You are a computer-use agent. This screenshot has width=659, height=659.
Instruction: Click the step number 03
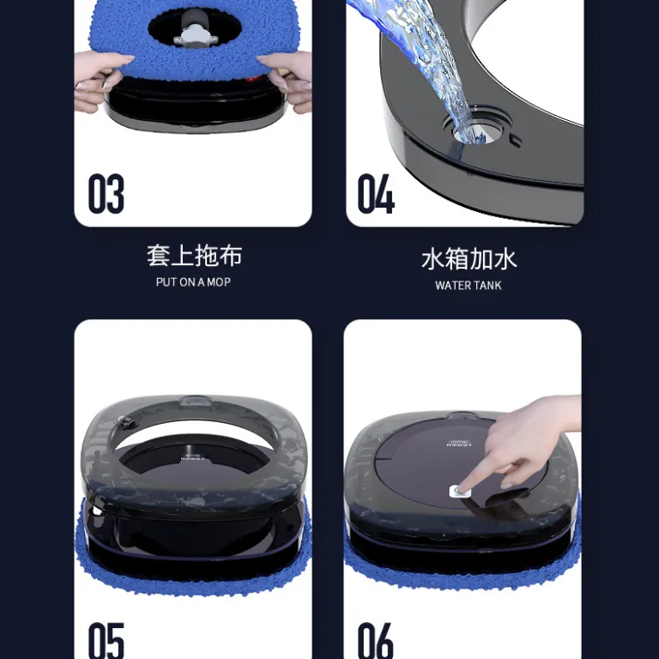pyautogui.click(x=106, y=193)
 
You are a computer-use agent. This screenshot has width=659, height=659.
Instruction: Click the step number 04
pyautogui.click(x=376, y=193)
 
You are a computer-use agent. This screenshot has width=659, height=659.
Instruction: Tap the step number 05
pyautogui.click(x=106, y=640)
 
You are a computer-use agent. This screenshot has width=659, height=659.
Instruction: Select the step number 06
pyautogui.click(x=375, y=640)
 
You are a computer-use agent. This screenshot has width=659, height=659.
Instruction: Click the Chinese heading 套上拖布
pyautogui.click(x=194, y=256)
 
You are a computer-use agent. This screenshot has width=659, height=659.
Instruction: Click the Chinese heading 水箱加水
pyautogui.click(x=469, y=259)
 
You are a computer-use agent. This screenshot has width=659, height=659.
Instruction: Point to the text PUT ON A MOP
pyautogui.click(x=193, y=282)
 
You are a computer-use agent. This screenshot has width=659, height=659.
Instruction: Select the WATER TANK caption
pyautogui.click(x=469, y=286)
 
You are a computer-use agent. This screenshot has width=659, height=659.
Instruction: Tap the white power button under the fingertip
pyautogui.click(x=457, y=491)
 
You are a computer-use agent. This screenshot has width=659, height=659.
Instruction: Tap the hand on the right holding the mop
pyautogui.click(x=286, y=80)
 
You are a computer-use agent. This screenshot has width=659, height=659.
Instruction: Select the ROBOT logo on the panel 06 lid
pyautogui.click(x=459, y=443)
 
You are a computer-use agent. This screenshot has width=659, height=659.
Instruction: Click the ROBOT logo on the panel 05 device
pyautogui.click(x=194, y=456)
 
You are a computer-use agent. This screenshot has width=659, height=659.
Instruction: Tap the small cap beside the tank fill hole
pyautogui.click(x=515, y=141)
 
